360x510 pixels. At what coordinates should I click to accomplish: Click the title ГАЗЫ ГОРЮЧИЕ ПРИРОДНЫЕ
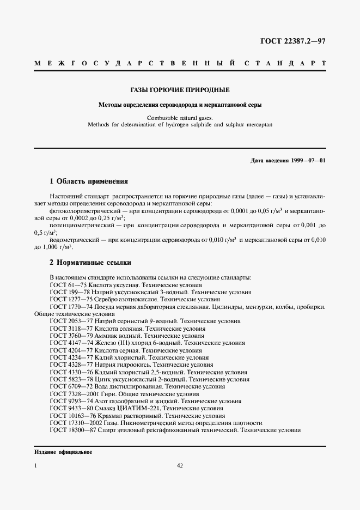pos(180,89)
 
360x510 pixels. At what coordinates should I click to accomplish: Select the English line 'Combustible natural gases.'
pos(180,118)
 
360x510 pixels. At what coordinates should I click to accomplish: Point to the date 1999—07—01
pos(309,161)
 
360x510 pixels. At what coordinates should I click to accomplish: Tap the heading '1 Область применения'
pos(89,181)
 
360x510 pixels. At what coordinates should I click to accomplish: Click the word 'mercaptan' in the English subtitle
pos(257,125)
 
